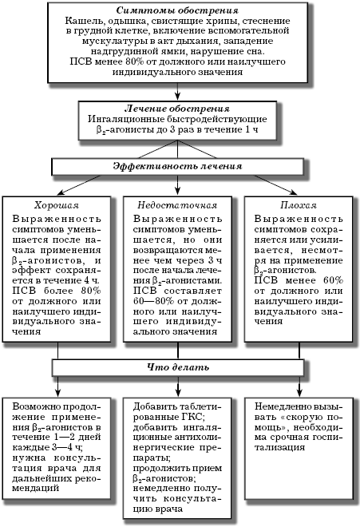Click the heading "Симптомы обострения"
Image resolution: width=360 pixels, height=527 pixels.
point(177,10)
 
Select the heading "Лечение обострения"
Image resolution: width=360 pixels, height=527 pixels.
point(177,109)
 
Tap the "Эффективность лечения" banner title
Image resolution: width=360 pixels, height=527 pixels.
point(177,166)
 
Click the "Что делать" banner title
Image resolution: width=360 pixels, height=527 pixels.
point(178,367)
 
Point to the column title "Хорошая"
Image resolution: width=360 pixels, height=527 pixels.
point(57,205)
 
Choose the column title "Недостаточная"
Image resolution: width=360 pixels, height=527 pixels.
point(177,205)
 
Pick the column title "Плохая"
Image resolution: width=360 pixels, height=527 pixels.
point(299,205)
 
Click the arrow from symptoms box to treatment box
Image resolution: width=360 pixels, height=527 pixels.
point(177,91)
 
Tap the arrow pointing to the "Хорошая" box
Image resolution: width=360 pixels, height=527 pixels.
point(79,185)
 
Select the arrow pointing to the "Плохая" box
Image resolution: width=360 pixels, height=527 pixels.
point(275,185)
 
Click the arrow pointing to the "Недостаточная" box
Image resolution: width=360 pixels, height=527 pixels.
point(177,185)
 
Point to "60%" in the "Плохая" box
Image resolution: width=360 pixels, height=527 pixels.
point(333,280)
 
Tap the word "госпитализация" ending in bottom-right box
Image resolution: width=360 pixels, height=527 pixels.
point(296,442)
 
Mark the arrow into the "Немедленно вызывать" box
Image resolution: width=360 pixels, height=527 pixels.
point(299,386)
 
